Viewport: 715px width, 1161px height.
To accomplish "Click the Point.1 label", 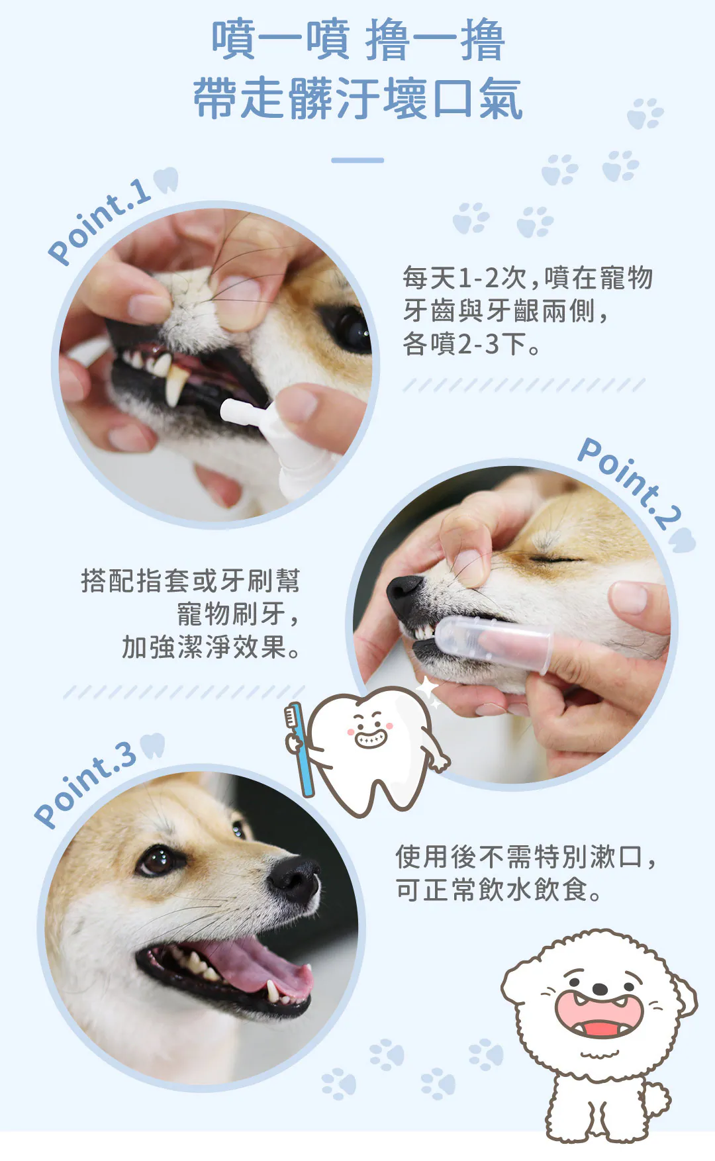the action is click(99, 221).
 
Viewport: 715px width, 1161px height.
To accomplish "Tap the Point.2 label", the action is click(629, 482).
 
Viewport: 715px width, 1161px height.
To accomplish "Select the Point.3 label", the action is click(85, 784).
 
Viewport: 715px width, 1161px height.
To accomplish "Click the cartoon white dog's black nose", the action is click(600, 989).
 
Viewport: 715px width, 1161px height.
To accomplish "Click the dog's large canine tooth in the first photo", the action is click(175, 383).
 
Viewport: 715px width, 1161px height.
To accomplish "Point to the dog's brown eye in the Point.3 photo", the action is click(156, 860).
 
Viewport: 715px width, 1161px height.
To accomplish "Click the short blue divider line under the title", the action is click(358, 160).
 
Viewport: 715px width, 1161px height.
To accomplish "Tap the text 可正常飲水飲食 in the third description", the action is click(492, 890).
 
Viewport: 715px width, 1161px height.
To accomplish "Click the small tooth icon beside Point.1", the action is click(166, 179).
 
